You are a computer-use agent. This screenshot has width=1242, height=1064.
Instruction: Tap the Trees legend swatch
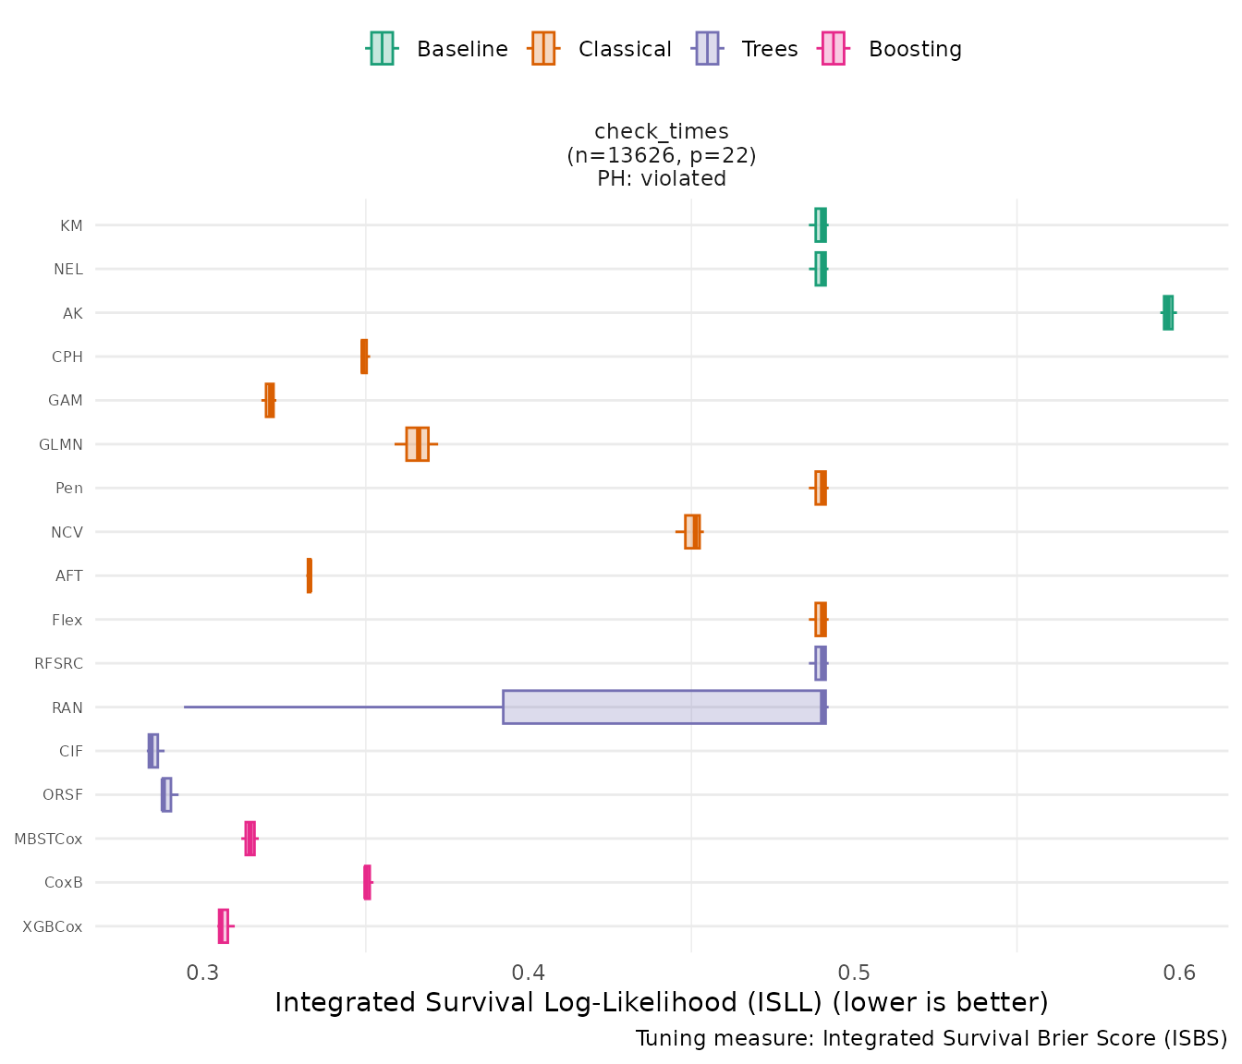coord(707,49)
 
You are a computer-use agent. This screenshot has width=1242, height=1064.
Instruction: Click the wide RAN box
coord(664,707)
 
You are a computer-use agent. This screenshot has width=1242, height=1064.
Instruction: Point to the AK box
coord(1168,312)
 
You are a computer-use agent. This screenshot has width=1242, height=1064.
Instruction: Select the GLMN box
coord(417,444)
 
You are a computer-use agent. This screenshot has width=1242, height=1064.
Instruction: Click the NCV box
coord(692,532)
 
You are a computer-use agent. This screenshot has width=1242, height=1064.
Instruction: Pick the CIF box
coord(153,751)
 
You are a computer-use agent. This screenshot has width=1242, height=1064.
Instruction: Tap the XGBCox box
coord(223,926)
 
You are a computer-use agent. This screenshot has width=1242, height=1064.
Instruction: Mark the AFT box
coord(310,575)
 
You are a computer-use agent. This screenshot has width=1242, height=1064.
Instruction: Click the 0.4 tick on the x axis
coord(529,973)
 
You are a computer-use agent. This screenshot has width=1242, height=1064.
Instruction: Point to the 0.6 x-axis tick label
coord(1179,973)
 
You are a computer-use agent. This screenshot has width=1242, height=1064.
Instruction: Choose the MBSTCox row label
coord(48,840)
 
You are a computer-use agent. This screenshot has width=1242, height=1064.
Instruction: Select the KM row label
coord(71,225)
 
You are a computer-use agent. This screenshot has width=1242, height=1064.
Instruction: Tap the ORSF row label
coord(63,795)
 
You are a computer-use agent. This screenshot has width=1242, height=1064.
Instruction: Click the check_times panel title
coord(662,132)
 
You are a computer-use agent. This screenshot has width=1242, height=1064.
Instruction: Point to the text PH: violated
coord(662,179)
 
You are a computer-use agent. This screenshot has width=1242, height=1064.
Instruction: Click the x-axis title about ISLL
coord(662,1002)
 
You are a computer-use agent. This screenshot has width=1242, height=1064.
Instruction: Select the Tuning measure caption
coord(931,1039)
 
